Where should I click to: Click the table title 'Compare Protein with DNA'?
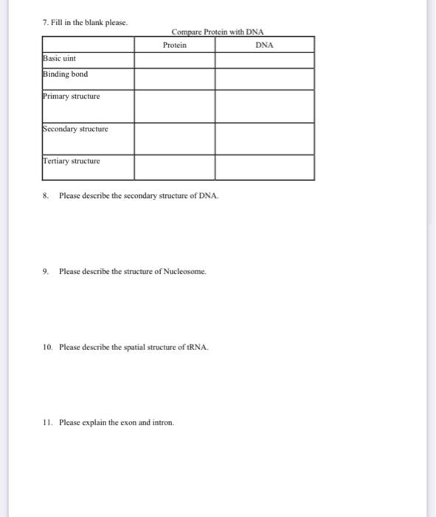(x=218, y=32)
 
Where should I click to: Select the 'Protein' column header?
(x=175, y=45)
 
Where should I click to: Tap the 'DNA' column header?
(x=264, y=45)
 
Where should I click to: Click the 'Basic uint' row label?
(x=60, y=58)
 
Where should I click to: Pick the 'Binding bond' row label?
(x=65, y=74)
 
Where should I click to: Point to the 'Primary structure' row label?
(x=72, y=96)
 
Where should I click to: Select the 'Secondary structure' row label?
(x=75, y=129)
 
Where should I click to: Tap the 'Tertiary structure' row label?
(x=72, y=161)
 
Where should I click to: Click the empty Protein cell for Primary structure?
(x=175, y=106)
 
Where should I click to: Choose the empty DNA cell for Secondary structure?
(x=264, y=138)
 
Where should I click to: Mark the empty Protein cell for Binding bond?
(x=175, y=79)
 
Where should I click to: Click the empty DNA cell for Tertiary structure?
(x=264, y=167)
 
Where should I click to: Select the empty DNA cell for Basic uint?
(x=264, y=60)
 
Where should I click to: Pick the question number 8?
(x=46, y=196)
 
